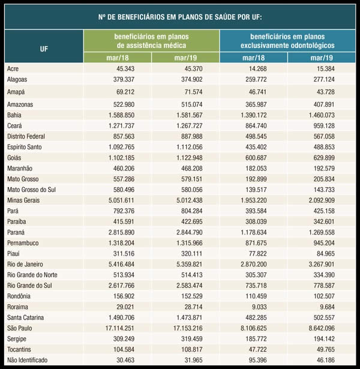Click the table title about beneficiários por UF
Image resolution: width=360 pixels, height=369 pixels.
click(x=180, y=16)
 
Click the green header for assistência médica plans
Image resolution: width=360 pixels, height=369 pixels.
click(x=151, y=41)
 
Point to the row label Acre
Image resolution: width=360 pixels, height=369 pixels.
click(x=13, y=69)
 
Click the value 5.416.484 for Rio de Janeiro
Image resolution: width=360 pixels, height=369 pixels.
click(x=118, y=264)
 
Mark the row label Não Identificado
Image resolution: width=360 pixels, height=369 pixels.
click(x=28, y=359)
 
